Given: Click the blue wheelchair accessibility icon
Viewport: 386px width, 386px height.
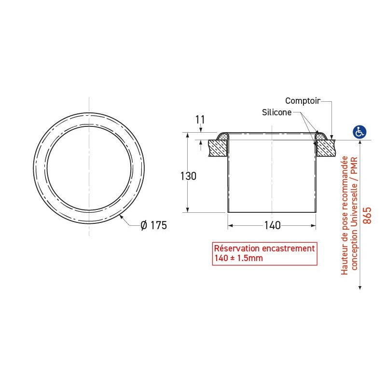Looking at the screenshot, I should coord(360,131).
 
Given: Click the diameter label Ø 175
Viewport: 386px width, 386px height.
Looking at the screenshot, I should coord(153,225).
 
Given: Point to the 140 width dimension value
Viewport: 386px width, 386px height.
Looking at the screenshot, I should coord(272,225).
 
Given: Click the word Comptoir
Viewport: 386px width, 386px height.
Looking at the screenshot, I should coord(303,101).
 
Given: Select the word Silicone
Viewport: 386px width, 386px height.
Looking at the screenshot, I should coord(276,112).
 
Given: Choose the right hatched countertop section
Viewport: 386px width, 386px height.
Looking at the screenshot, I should coord(326,148).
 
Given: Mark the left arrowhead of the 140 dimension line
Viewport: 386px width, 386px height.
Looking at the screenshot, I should coord(230,225).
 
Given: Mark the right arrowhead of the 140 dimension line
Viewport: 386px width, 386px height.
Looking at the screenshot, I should coord(314,225).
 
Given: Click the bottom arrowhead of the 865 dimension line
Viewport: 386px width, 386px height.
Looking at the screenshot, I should coord(360,287).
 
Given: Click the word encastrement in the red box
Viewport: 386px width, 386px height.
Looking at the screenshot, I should coord(288,248).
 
